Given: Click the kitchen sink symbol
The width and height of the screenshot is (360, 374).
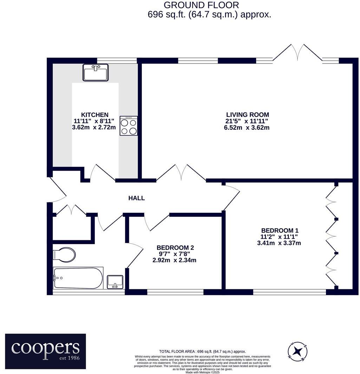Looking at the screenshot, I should [x=96, y=73].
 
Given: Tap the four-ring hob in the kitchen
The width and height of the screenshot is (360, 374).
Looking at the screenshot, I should [x=129, y=126].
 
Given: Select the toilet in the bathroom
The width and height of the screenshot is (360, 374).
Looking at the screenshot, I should [x=64, y=255].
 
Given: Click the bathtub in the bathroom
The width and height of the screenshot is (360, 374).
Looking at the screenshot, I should [x=78, y=278].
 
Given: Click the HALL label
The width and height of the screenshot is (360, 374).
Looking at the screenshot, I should [x=136, y=198].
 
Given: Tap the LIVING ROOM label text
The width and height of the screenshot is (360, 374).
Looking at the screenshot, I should [x=247, y=114].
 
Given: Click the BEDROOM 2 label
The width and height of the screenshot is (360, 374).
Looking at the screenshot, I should [x=175, y=248].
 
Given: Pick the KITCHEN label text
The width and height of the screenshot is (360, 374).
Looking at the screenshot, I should [x=94, y=115].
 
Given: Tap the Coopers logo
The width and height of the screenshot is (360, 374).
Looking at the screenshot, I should [x=45, y=351].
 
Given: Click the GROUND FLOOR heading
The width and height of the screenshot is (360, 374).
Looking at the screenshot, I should [x=201, y=5].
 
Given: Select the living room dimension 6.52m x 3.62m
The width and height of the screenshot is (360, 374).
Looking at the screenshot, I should [x=247, y=127].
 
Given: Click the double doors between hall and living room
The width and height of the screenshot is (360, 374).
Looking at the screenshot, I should [x=181, y=173].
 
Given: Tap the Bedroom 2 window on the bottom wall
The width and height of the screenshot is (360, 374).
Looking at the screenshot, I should [x=175, y=292].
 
